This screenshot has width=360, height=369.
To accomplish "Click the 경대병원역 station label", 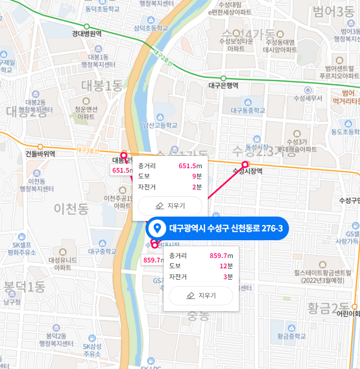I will point(86,34).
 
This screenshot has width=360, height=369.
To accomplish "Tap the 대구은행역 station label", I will point(223,85).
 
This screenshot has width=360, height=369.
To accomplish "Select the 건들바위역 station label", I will point(40,153).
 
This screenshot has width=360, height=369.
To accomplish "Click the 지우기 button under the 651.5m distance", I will point(170,205).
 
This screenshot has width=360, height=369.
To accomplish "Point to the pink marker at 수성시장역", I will point(245,164).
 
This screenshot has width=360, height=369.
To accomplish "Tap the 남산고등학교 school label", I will point(159,125).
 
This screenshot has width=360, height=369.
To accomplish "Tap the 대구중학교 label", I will point(102,251).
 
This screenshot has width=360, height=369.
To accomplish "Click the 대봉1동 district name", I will point(102,86).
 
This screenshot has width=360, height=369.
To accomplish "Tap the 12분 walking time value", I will point(227,266).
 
